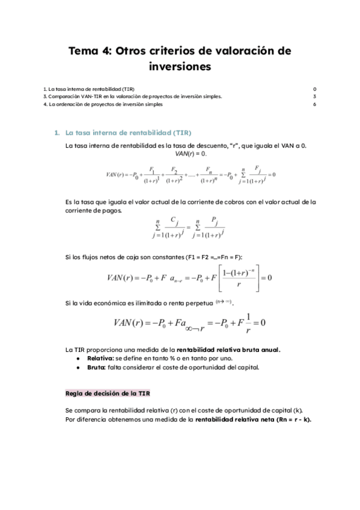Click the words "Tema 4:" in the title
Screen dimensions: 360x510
tap(90, 51)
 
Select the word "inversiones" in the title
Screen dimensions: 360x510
tap(180, 67)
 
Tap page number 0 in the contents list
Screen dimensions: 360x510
tap(314, 89)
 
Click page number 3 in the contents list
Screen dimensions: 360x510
tap(314, 96)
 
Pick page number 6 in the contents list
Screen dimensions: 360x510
tap(314, 104)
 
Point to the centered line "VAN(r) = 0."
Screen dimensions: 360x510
tap(181, 154)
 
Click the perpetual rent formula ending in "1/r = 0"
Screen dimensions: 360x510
tap(189, 323)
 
